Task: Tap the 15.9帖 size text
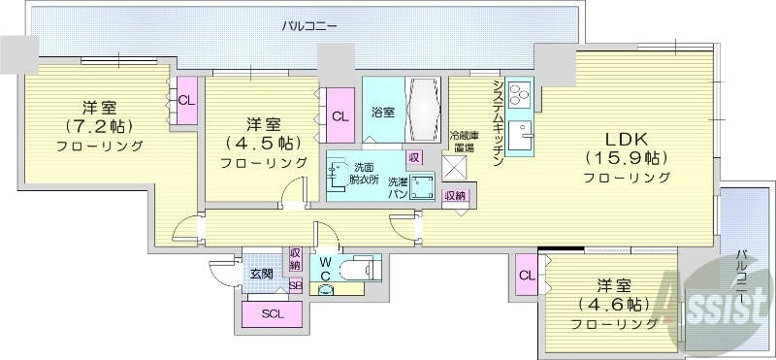pos(627,156)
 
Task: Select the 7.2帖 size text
pos(98,125)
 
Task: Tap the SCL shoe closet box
pos(272,313)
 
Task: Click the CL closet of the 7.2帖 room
pos(186,99)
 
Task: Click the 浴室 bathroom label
pos(383,113)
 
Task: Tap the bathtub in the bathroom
pos(422,112)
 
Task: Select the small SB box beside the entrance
pos(295,285)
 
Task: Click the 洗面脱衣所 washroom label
pos(364,173)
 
